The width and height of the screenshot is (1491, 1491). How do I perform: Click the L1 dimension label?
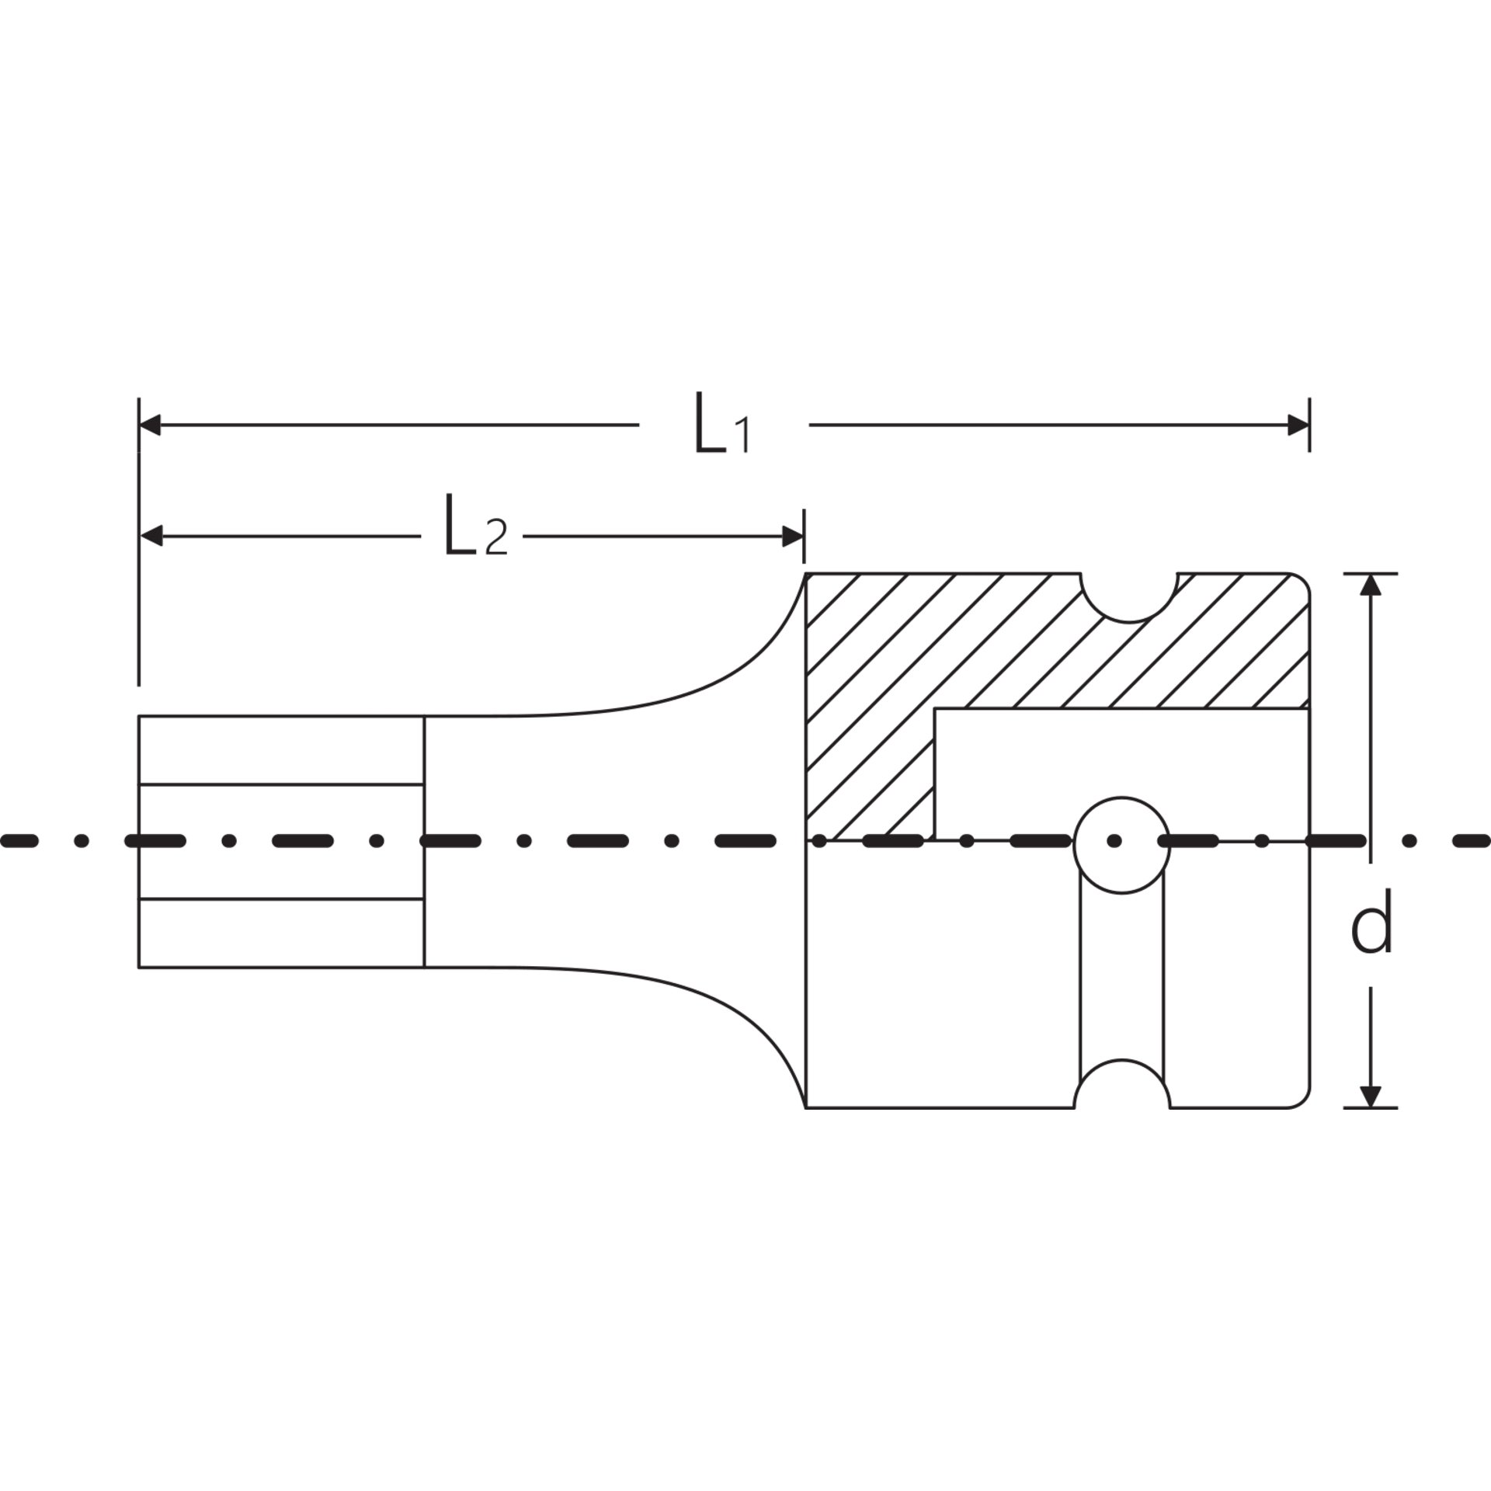722,424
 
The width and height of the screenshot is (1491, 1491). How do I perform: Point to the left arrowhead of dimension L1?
150,425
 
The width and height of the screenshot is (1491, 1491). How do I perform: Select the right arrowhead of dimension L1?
1298,425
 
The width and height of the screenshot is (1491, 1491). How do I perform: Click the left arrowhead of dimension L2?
151,535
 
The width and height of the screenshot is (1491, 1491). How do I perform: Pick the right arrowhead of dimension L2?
792,535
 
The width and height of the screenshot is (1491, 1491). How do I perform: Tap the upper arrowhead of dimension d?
1371,585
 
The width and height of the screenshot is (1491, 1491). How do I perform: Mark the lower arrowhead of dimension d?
1371,1096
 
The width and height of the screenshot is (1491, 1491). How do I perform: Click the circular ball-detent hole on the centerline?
1121,844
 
